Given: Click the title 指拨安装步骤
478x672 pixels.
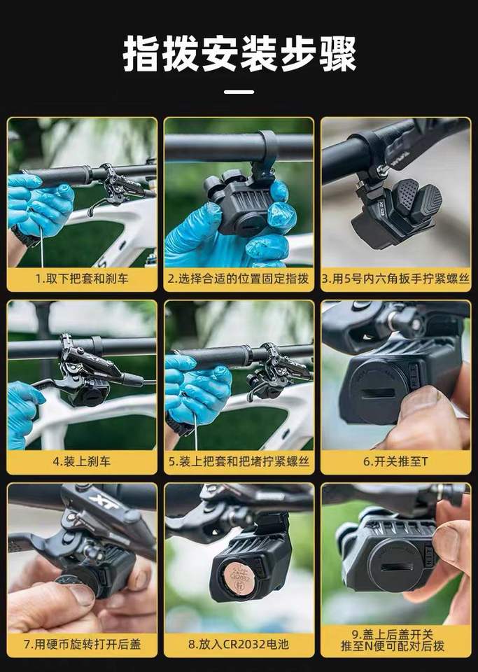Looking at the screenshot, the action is coord(239,55).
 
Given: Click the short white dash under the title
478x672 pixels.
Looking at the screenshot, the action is coord(239,91).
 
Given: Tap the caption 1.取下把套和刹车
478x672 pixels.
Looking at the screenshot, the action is coord(82,279).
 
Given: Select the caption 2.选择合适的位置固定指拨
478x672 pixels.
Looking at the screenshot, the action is coord(238,279).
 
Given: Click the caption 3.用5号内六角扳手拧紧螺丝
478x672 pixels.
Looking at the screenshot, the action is coord(395,279).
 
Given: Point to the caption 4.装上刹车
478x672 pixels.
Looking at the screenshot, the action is coord(82,461).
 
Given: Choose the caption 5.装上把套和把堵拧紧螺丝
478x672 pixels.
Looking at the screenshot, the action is coord(239,461).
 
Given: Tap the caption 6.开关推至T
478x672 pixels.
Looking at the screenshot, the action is coord(395,461).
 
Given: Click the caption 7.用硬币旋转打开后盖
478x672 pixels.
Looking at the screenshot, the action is coord(82,644).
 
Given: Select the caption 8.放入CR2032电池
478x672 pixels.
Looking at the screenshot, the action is coord(239,644).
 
